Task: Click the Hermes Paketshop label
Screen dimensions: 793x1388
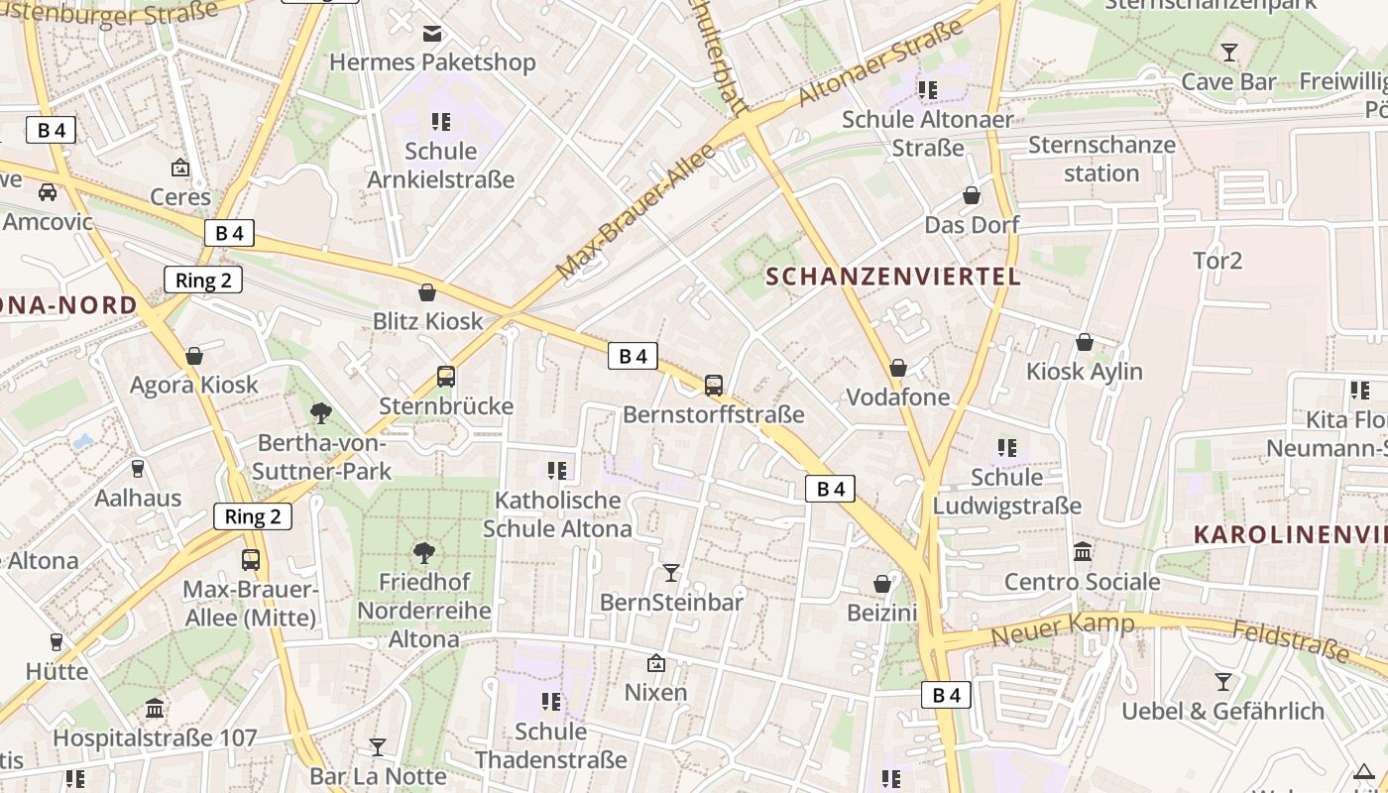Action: coord(432,62)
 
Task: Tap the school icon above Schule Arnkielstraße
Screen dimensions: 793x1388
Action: coord(441,122)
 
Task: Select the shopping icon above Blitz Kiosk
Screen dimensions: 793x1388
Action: coord(427,292)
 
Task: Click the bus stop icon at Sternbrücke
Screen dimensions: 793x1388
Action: coord(446,377)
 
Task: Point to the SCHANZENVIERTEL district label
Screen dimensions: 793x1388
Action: coord(893,277)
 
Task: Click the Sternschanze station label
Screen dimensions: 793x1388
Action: coord(1101,159)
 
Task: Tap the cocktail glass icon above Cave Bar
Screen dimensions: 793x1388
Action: coord(1229,53)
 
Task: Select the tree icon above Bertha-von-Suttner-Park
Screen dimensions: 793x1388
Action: coord(321,412)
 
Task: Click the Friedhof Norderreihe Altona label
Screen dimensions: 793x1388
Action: coord(424,611)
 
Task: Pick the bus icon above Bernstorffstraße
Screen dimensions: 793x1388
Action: coord(714,386)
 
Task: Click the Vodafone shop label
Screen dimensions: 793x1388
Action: coord(897,397)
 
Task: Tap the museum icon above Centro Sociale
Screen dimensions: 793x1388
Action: coord(1083,551)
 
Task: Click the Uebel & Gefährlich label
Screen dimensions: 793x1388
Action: coord(1222,711)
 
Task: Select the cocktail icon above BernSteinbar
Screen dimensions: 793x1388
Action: coord(671,572)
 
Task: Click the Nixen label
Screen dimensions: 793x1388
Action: coord(655,692)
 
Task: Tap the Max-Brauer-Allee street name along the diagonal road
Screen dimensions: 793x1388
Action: coord(635,209)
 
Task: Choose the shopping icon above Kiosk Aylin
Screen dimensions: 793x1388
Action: coord(1085,342)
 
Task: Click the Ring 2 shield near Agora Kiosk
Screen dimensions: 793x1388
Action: coord(203,280)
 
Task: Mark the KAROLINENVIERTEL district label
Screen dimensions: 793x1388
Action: coord(1289,534)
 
